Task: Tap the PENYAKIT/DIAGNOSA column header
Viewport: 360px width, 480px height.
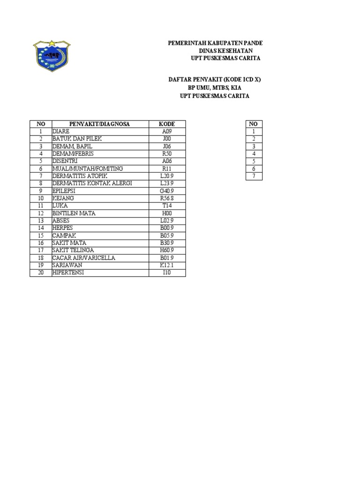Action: coord(100,124)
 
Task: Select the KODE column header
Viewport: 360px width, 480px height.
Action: coord(167,124)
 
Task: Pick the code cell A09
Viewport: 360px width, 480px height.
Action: coord(167,131)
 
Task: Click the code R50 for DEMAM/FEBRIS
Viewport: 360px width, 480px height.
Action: coord(167,154)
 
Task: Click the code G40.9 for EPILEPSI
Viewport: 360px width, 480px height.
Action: coord(167,191)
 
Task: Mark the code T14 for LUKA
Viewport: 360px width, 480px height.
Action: coord(167,206)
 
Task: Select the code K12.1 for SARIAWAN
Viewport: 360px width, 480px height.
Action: coord(167,265)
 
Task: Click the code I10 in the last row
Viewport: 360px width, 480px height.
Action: coord(167,273)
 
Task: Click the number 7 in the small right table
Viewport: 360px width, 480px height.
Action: coord(254,176)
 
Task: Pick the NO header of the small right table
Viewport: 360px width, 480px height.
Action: coord(254,124)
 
